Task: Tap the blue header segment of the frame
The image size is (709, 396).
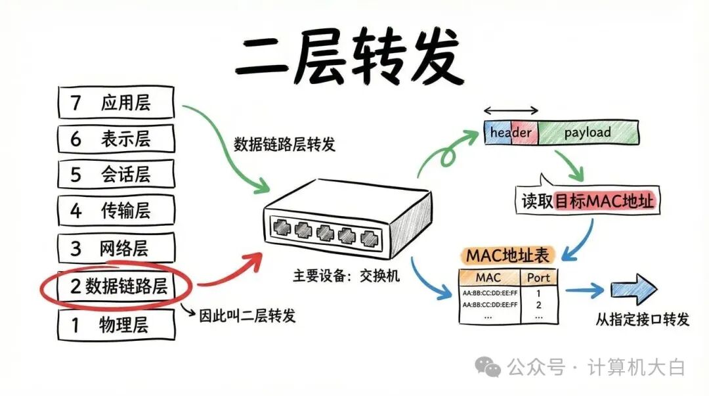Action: pos(510,133)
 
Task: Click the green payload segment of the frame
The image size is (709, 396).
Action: pos(588,133)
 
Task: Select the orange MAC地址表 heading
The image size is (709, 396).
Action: pos(507,255)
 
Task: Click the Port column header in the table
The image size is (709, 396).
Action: pos(538,277)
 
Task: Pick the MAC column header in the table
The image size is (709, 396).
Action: pos(488,277)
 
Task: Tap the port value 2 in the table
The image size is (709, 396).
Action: pos(538,305)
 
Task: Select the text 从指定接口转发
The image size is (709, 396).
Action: pos(643,320)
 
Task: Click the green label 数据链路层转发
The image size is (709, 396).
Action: pos(284,144)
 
